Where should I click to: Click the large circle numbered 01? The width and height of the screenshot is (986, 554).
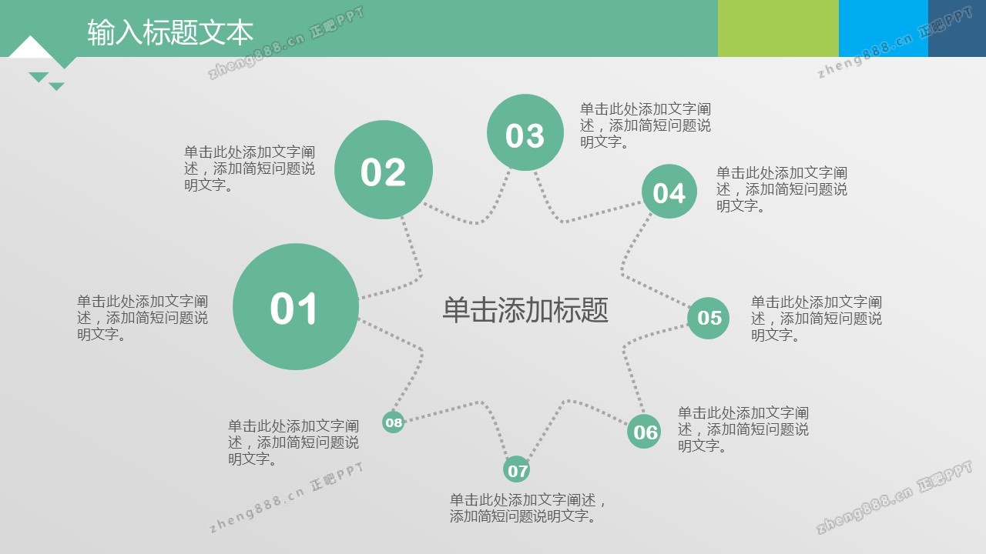(295, 307)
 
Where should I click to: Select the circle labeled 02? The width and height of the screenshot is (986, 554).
(384, 170)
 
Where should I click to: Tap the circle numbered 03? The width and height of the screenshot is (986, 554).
(525, 132)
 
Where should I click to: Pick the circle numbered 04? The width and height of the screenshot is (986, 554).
(669, 192)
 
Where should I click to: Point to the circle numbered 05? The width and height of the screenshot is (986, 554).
(708, 318)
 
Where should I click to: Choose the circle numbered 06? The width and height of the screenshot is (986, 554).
(644, 432)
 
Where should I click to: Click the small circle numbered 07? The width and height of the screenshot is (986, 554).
(516, 469)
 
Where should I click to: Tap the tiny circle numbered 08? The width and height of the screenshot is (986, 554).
(393, 422)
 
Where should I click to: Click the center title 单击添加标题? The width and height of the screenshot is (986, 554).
(525, 309)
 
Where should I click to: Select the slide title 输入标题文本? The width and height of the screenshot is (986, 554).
(170, 32)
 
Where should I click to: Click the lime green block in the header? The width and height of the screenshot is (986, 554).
(778, 28)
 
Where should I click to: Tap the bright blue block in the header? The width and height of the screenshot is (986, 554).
(884, 28)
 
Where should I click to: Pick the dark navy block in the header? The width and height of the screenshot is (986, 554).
(957, 28)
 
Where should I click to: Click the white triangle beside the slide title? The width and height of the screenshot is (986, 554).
(30, 48)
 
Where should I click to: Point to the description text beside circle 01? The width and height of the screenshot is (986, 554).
(143, 318)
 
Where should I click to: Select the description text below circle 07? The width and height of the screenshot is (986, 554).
(528, 508)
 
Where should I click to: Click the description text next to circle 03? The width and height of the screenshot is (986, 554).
(646, 125)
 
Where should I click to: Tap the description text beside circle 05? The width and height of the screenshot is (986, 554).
(816, 319)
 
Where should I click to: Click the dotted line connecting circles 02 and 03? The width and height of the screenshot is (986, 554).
(477, 222)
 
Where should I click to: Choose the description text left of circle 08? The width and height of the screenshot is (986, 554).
(293, 442)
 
